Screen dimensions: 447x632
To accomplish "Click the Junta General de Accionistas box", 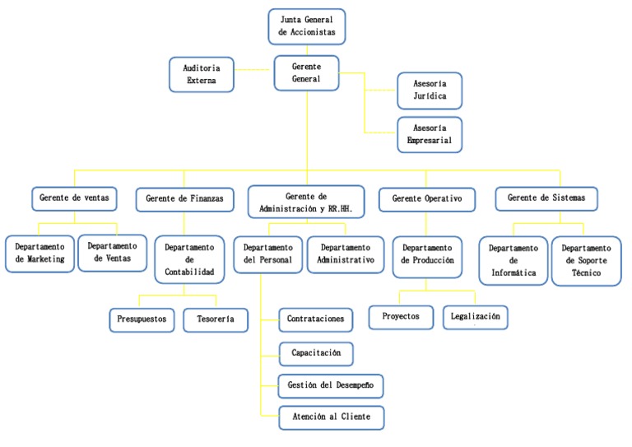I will tap(307, 26).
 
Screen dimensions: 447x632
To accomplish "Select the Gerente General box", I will tap(306, 73).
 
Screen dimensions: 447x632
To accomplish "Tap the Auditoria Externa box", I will tap(201, 75).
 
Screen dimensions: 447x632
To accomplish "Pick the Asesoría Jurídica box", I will tap(429, 91).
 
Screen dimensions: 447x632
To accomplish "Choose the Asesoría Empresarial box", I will tap(429, 134).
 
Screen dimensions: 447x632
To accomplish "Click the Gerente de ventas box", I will tap(74, 198).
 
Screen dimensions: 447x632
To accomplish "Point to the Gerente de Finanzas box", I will tap(184, 198).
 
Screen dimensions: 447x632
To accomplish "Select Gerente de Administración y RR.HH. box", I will tap(305, 203).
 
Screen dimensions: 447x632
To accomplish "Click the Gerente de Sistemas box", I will tap(546, 198).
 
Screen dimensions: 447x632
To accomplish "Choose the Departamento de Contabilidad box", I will tap(189, 259).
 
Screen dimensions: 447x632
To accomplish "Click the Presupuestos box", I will tap(142, 319).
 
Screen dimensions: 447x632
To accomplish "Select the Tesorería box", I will tap(215, 319).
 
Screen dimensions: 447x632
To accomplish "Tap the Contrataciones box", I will tap(316, 319).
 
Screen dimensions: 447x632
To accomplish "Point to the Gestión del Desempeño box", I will tap(331, 384).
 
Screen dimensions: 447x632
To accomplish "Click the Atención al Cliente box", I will tap(331, 417).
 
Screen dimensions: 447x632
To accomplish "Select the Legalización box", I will tap(476, 316).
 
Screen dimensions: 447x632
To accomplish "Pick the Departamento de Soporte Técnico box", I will tap(586, 260).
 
